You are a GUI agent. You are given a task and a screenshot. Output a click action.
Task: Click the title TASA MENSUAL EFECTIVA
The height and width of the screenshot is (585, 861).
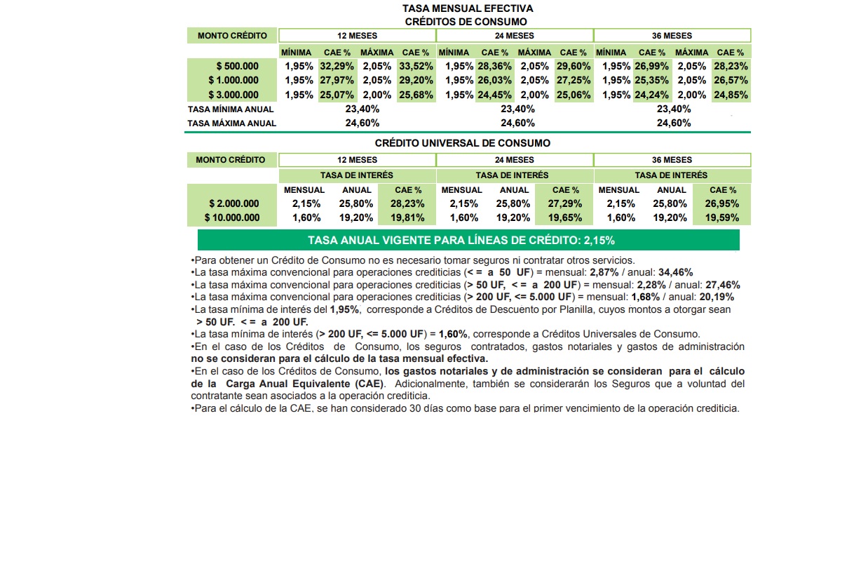coord(468,8)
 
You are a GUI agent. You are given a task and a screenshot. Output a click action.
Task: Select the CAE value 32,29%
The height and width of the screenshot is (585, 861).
coord(337,67)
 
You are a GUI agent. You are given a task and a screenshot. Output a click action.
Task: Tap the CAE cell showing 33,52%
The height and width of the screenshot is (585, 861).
coord(416,67)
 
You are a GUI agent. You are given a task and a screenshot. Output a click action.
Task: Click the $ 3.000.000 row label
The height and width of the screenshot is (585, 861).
coord(233,95)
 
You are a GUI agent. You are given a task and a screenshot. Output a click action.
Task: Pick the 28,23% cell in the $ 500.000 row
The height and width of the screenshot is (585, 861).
coord(731,67)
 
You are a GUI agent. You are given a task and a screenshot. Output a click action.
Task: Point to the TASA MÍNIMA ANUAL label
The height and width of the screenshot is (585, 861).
coord(231,109)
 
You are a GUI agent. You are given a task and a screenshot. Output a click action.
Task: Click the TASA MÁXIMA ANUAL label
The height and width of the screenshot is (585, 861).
coord(232,123)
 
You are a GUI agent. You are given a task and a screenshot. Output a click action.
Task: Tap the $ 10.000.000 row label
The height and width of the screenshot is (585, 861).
coord(232,218)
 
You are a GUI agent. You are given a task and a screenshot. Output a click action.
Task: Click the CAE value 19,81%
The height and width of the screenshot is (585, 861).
coord(408,218)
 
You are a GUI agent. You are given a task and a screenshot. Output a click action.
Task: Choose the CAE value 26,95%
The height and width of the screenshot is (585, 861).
coord(722,204)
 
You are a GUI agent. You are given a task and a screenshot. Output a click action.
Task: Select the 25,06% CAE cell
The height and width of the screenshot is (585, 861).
coord(574,95)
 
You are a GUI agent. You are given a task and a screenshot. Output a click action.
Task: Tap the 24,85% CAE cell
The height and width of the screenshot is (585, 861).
coord(731,95)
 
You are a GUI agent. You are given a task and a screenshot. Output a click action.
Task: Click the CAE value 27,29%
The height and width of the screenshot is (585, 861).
coord(565,204)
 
